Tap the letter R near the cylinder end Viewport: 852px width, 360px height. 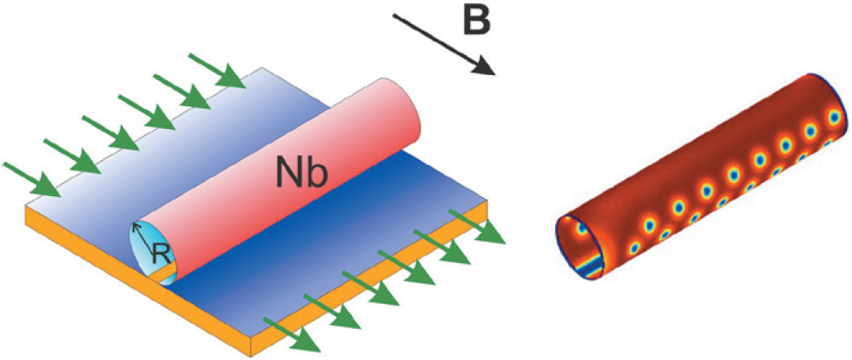tap(162, 256)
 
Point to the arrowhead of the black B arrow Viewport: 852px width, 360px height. tap(488, 69)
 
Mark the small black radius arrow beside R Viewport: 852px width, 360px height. tap(144, 236)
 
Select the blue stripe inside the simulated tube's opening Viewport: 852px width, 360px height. tap(586, 263)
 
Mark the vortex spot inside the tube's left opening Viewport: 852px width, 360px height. tap(581, 231)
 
